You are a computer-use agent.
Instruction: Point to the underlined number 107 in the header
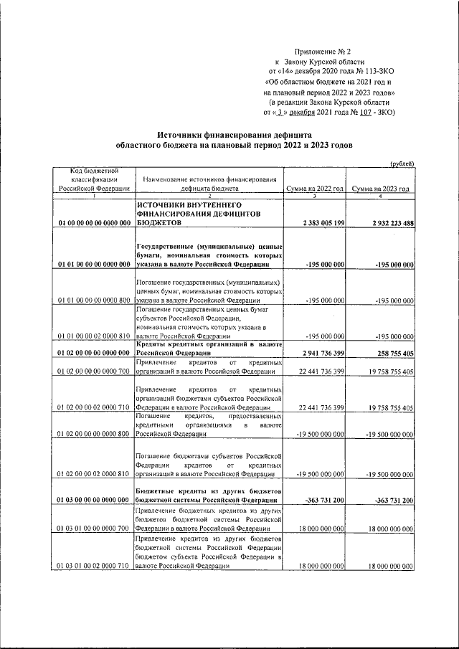click(366, 112)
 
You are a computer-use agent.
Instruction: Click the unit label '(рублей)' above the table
click(402, 164)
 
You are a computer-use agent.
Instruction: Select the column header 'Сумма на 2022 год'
click(315, 188)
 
